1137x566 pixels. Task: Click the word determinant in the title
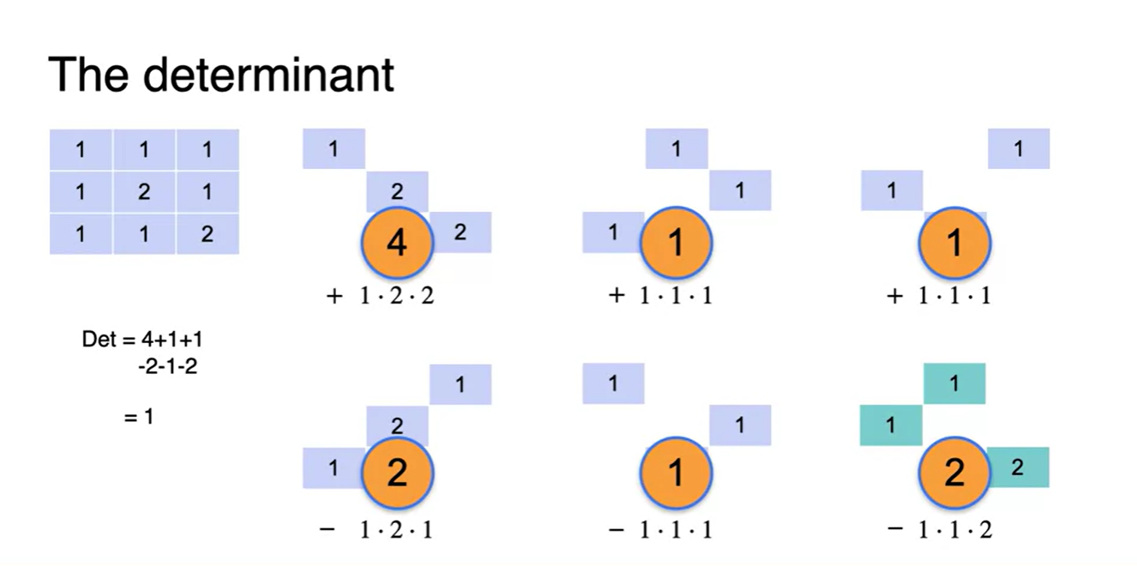pos(268,75)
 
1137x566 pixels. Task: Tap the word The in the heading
pos(90,75)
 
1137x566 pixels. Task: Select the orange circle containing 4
pos(397,244)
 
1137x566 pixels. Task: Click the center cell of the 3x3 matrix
pos(144,192)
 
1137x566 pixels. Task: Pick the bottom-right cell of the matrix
pos(208,234)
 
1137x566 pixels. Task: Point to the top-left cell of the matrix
pos(81,150)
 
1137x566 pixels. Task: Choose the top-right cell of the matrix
pos(208,150)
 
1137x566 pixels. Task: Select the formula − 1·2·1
pos(377,530)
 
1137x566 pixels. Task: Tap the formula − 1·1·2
pos(941,530)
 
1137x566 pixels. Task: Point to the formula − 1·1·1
pos(660,530)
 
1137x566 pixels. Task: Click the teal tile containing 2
pos(1018,467)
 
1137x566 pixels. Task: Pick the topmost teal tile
pos(954,383)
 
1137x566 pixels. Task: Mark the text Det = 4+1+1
pos(142,339)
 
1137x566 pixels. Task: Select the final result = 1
pos(139,418)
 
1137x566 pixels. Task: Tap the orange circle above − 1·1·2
pos(954,472)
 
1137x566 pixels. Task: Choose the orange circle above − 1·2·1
pos(397,472)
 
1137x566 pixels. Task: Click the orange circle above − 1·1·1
pos(677,472)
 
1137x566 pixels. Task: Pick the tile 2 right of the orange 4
pos(460,232)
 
